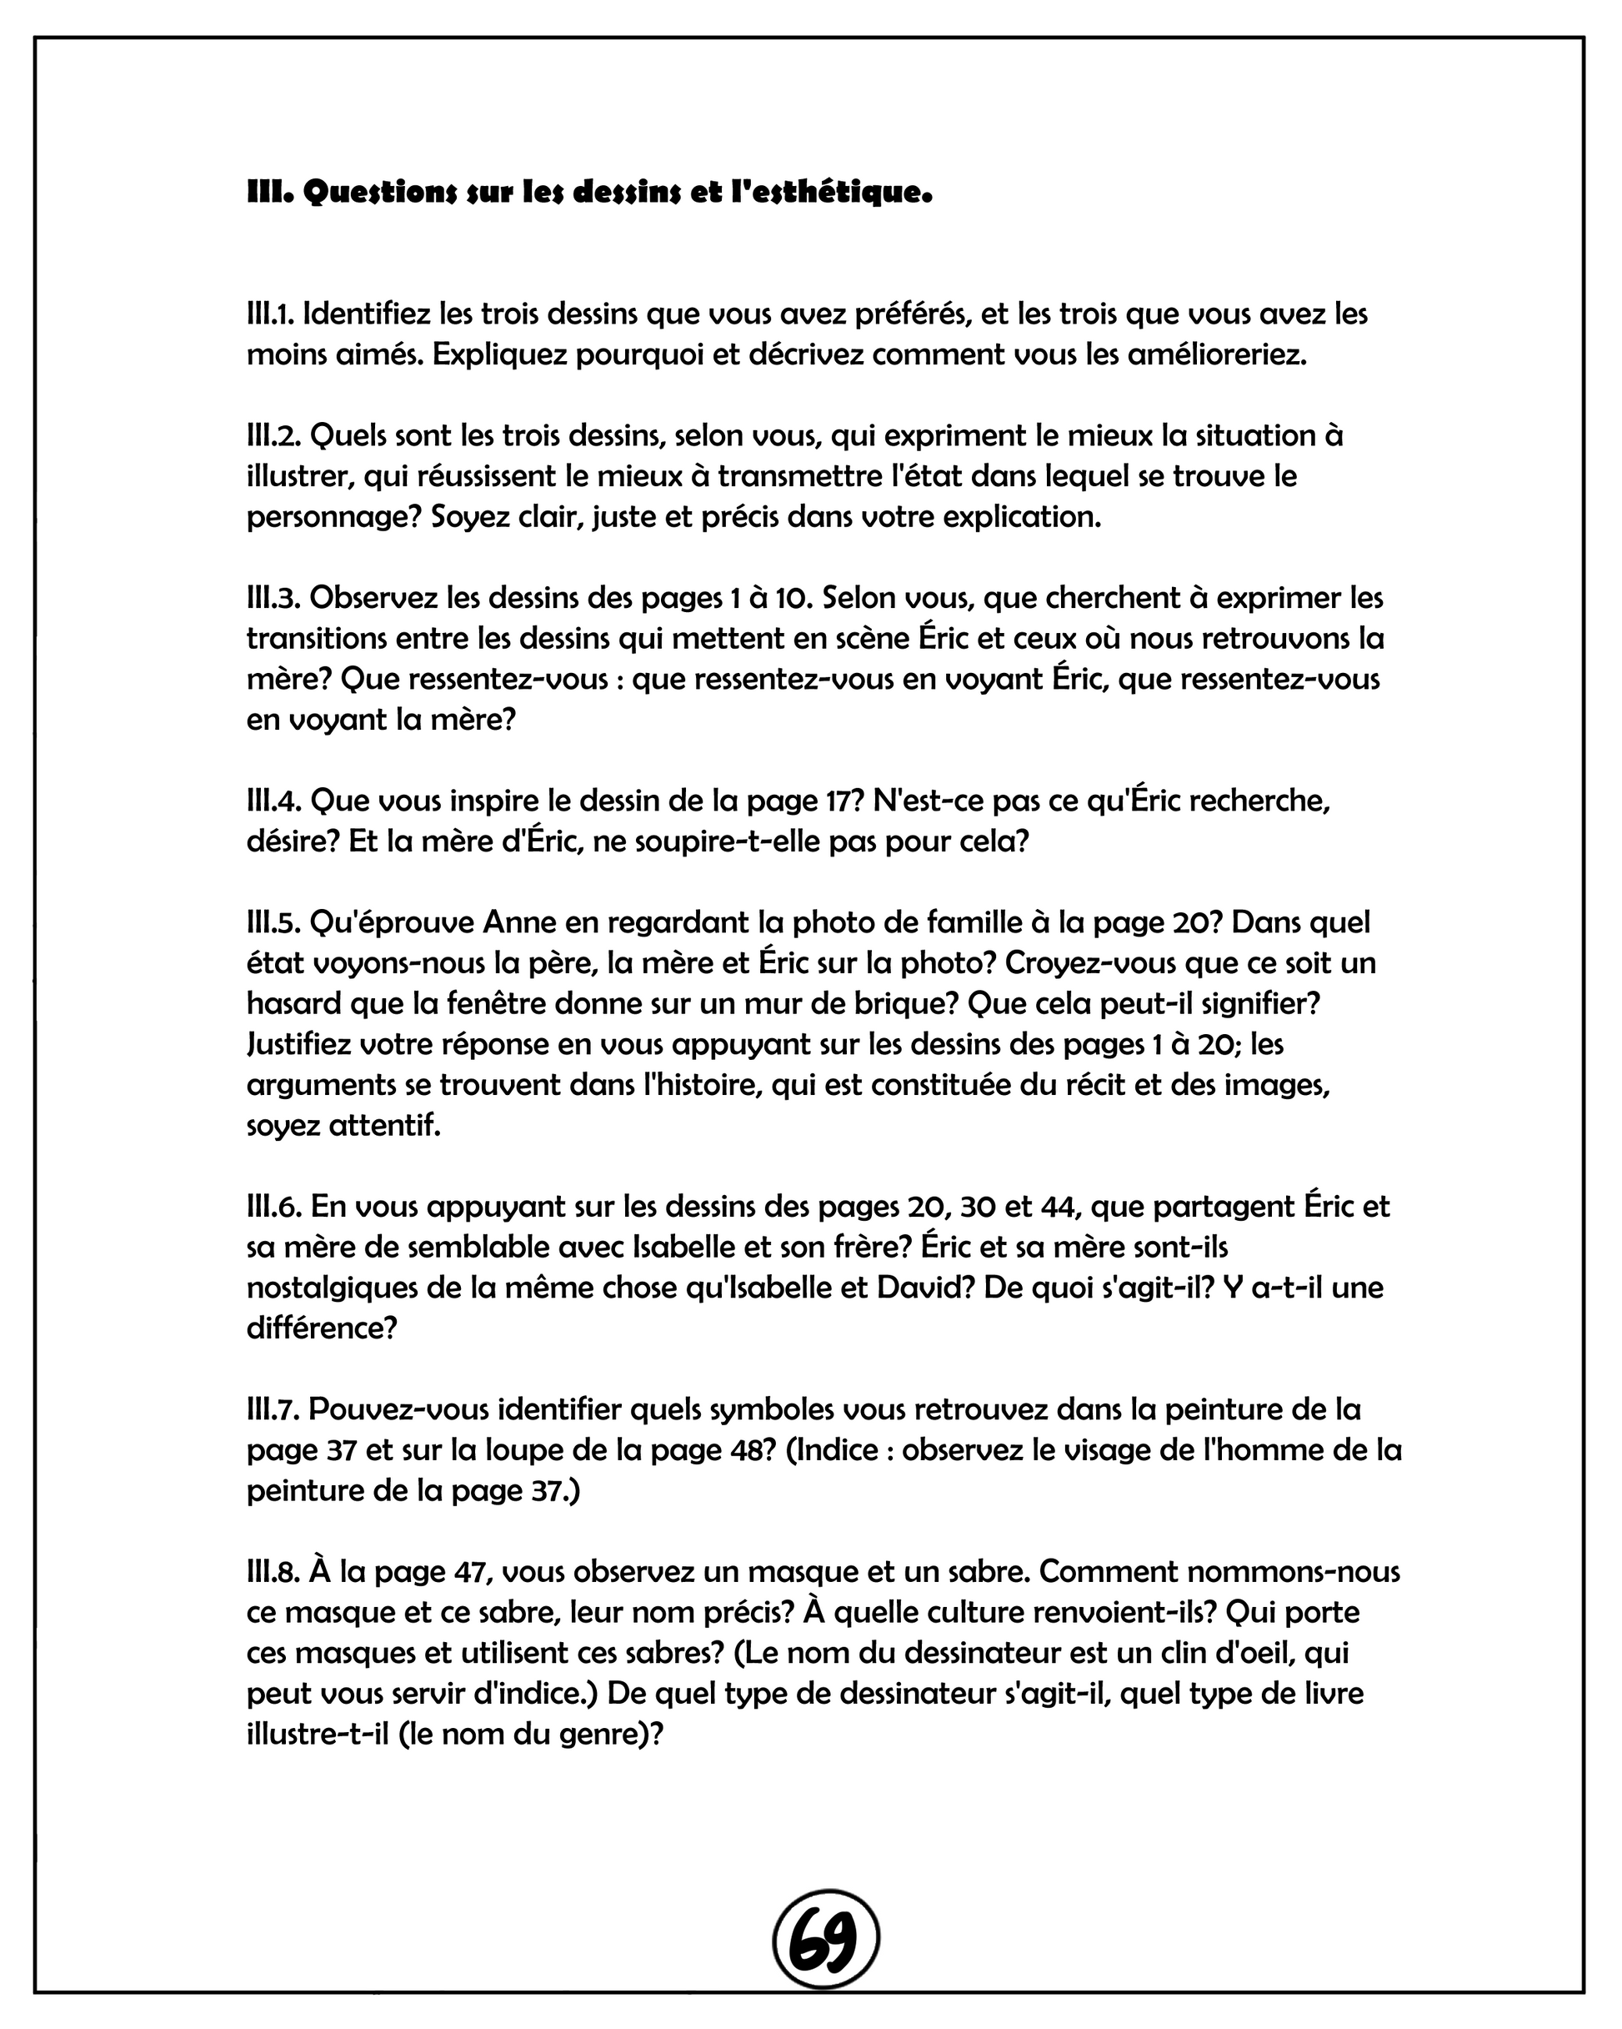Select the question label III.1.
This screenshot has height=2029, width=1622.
click(271, 314)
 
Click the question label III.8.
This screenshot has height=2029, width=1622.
click(273, 1570)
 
